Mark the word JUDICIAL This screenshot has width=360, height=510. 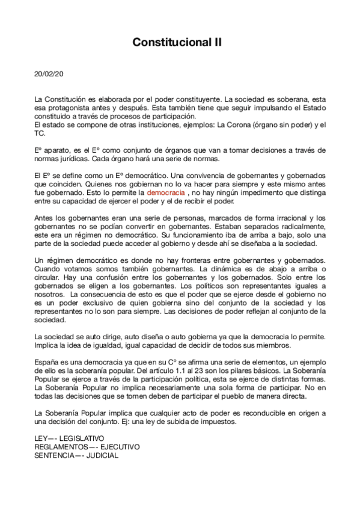(101, 455)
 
